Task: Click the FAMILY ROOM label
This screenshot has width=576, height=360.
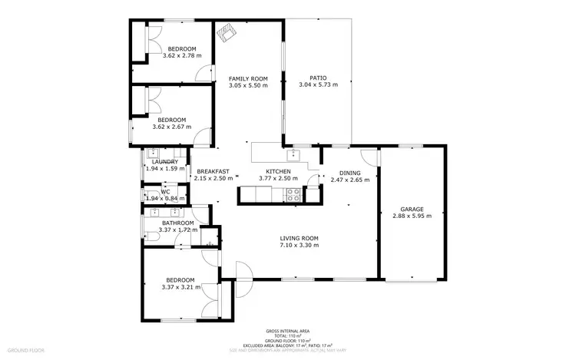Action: (248, 78)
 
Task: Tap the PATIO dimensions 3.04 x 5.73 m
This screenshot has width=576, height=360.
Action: (318, 85)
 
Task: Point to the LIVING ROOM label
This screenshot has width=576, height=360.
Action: (299, 238)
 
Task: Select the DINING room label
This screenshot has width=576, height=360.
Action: (349, 173)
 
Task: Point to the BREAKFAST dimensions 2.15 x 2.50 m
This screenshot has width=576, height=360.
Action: (213, 178)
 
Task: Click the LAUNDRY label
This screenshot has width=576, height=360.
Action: (164, 161)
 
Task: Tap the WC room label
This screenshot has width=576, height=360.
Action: (164, 192)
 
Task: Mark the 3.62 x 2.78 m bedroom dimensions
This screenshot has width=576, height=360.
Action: (182, 55)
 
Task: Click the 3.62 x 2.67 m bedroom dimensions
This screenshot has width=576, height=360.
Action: (171, 127)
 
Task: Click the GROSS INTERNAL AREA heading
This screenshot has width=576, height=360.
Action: (287, 332)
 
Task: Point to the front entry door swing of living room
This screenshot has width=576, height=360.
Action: (245, 269)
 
